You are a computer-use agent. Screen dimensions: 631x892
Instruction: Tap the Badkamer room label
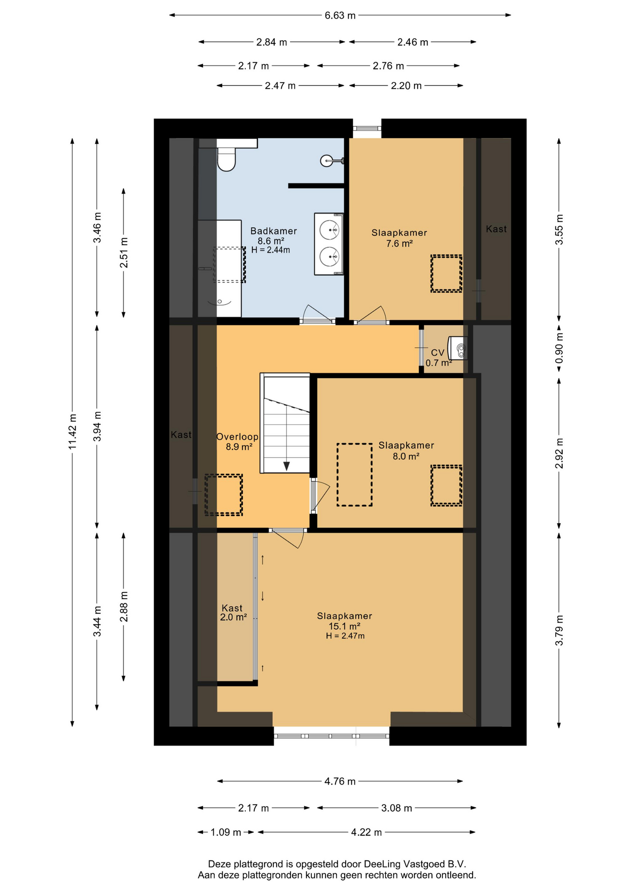click(273, 231)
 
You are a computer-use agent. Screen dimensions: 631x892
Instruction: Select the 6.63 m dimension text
click(340, 15)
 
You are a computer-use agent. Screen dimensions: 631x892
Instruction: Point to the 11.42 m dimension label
click(72, 432)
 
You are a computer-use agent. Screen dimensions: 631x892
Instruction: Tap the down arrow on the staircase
click(287, 466)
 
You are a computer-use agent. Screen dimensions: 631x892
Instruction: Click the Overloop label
click(237, 437)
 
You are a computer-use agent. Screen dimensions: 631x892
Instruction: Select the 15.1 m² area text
click(344, 626)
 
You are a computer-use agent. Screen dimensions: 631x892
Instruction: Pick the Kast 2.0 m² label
click(233, 613)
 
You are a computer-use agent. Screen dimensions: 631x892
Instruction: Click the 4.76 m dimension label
click(340, 781)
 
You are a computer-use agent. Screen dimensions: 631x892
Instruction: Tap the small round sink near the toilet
click(327, 161)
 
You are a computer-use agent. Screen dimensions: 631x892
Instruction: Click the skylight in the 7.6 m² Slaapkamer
click(446, 274)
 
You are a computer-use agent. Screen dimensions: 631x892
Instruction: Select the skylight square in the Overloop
click(224, 495)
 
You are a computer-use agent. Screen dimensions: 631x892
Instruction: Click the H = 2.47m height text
click(345, 636)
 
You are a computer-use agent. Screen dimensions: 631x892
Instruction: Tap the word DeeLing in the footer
click(382, 864)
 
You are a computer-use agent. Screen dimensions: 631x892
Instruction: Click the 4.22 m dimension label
click(367, 832)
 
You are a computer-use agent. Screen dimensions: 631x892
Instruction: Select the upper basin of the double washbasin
click(330, 230)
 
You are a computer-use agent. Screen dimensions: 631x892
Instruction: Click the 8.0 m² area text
click(406, 456)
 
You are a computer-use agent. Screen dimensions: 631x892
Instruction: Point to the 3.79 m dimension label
click(559, 630)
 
